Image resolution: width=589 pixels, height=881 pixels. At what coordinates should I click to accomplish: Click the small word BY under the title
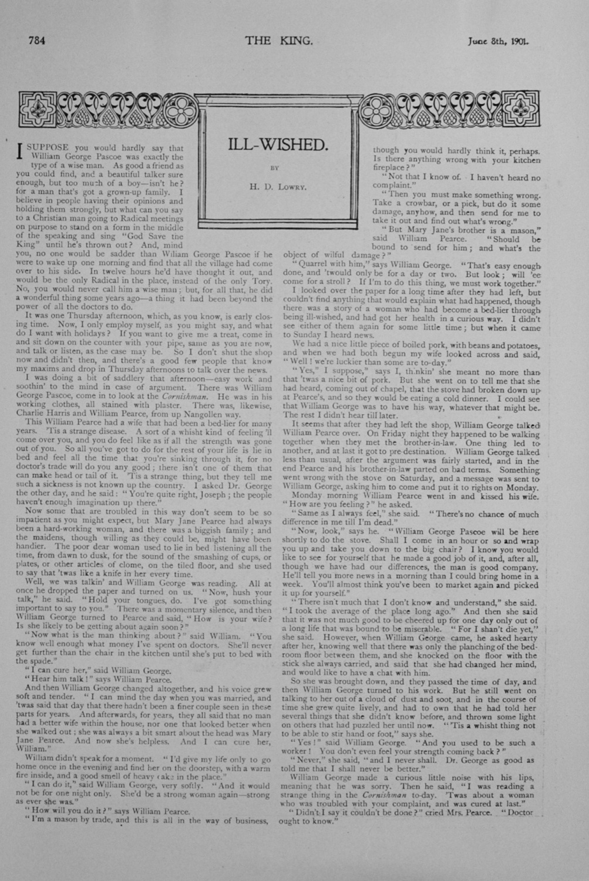274,167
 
